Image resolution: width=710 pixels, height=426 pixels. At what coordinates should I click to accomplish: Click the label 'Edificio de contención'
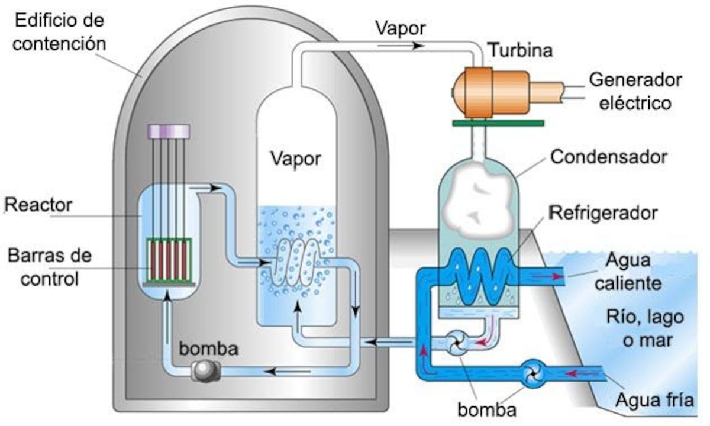tap(59, 33)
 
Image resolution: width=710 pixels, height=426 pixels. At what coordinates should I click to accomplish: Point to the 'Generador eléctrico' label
tap(635, 91)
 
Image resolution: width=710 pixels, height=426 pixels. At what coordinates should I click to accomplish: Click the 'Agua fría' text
tap(654, 401)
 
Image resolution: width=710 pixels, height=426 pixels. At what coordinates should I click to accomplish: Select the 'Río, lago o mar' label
tap(645, 328)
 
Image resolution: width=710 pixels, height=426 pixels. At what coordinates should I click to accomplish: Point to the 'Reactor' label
tap(38, 205)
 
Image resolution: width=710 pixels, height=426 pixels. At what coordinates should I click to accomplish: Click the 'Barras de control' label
tap(50, 267)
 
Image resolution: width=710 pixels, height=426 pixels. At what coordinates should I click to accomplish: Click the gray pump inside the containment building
tap(205, 371)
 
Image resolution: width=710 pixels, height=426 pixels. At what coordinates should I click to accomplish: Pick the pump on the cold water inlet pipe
tap(534, 374)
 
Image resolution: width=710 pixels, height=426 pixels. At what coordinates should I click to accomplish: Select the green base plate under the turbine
tap(497, 123)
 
